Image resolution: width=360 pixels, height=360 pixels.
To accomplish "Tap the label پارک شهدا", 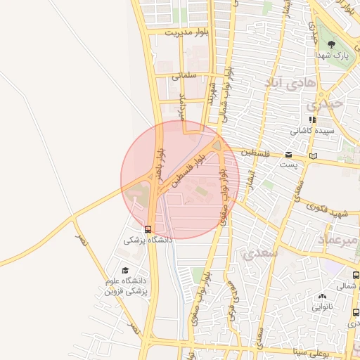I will point(332,54).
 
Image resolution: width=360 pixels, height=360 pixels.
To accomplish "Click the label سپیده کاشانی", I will point(314,131).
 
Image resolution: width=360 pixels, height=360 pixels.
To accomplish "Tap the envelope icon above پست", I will point(289,154).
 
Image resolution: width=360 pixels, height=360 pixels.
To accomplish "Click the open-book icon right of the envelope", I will point(313,155).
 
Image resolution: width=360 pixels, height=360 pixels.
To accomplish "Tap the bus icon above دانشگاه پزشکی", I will point(148,229).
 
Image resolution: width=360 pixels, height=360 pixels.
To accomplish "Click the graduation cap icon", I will point(125,271).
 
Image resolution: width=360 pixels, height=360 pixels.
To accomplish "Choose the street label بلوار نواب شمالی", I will point(228,88).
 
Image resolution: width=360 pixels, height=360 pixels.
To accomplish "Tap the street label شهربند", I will point(210,91).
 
